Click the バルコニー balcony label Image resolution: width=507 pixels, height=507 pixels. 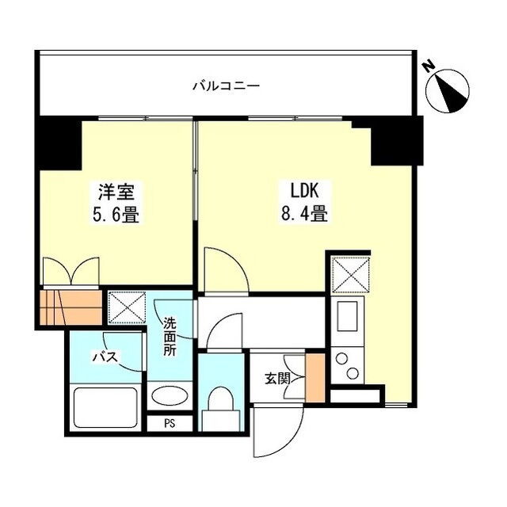point(226,86)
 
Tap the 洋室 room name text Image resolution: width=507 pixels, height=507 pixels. point(116,192)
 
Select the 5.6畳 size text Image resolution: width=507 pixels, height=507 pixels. point(116,215)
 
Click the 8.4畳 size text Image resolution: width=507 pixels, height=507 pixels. point(304,213)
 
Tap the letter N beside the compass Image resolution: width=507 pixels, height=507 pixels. point(429,67)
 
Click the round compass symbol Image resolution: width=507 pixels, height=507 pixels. point(448,91)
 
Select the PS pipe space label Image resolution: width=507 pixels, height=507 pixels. point(170,424)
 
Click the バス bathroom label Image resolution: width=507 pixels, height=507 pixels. point(105,357)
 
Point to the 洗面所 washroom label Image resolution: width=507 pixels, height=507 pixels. point(170,337)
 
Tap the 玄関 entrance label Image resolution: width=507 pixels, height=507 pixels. point(277,379)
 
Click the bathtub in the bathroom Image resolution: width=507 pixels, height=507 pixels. point(105,408)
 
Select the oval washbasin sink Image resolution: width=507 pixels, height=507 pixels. point(170,395)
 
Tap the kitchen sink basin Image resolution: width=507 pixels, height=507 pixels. point(347,316)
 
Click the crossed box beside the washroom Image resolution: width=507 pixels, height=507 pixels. point(127,307)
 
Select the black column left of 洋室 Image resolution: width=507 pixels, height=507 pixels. point(60,143)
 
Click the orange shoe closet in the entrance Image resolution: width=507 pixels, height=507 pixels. point(315,378)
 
